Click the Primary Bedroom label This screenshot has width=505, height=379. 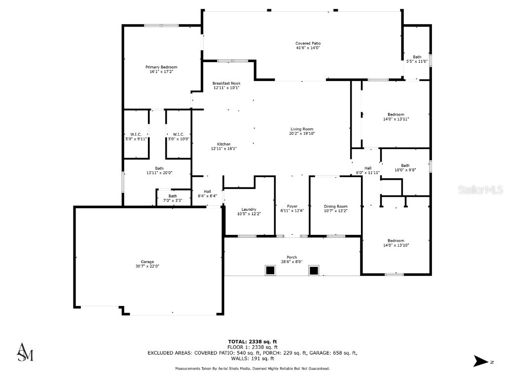point(161,67)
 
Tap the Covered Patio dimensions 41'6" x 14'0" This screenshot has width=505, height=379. point(308,48)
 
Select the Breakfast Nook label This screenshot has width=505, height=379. point(226,83)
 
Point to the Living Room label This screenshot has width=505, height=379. point(301,129)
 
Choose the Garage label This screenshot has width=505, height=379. point(147,262)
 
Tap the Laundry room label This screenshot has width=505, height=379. point(249,209)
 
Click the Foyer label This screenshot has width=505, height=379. point(292,206)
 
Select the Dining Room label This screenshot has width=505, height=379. point(335,206)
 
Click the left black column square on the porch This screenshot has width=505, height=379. point(270,270)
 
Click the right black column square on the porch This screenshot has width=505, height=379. point(314,270)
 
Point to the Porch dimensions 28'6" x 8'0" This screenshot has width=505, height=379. point(291,262)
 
